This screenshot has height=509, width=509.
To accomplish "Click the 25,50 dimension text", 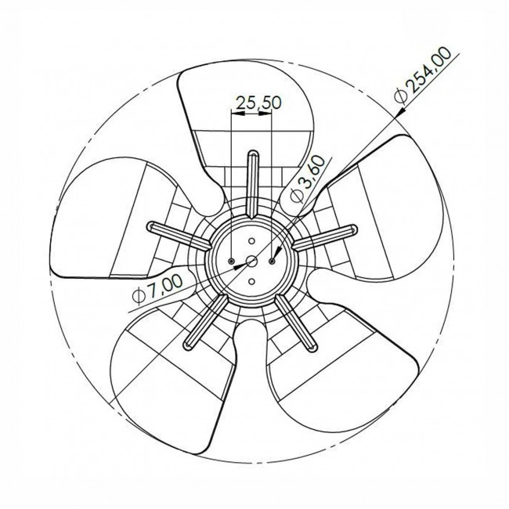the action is (258, 103).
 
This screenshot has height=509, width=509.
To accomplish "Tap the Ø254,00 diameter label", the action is (423, 75).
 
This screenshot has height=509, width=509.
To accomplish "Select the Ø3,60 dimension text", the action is (307, 179).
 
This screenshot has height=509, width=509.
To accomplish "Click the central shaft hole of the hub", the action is (251, 261).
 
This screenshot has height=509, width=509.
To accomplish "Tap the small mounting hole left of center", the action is (231, 261).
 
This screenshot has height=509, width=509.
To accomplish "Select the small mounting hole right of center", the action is (272, 261).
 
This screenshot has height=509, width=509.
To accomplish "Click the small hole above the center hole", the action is (251, 241).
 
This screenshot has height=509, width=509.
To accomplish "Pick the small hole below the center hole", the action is (251, 281).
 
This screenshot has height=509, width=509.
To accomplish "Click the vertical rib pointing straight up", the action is (253, 184).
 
